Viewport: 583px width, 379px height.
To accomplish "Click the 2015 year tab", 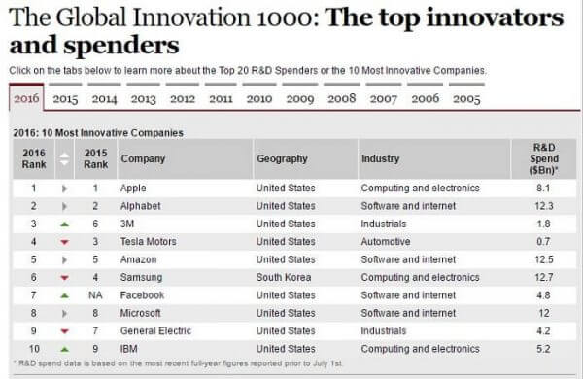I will click(66, 98).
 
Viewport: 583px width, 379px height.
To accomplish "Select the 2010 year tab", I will click(259, 98).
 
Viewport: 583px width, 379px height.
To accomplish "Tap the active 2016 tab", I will click(26, 98).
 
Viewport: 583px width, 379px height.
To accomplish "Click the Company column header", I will click(142, 158).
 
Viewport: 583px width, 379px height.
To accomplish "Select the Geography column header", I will click(282, 158).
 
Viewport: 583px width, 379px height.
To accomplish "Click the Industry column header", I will click(380, 158).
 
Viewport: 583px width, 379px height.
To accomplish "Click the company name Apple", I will click(133, 188).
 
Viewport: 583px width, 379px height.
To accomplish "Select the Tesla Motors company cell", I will click(151, 241).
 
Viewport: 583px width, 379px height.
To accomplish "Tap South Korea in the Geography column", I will click(284, 277).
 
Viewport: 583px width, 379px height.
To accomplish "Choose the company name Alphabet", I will click(141, 206).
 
